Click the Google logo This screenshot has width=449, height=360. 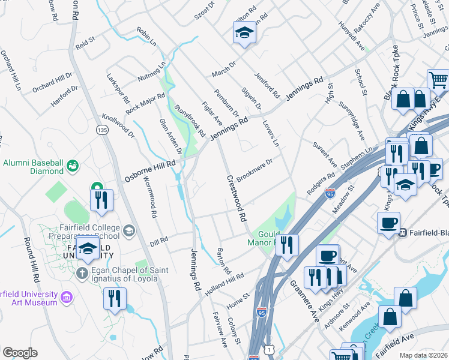click(20, 353)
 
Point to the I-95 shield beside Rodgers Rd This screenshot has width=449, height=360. click(330, 193)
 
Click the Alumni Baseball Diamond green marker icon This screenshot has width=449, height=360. click(73, 164)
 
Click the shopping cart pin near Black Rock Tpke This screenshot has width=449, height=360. click(438, 79)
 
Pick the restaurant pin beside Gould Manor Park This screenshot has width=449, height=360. click(288, 244)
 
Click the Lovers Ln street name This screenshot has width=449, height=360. click(271, 133)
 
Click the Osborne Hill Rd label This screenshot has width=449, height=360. click(150, 171)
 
